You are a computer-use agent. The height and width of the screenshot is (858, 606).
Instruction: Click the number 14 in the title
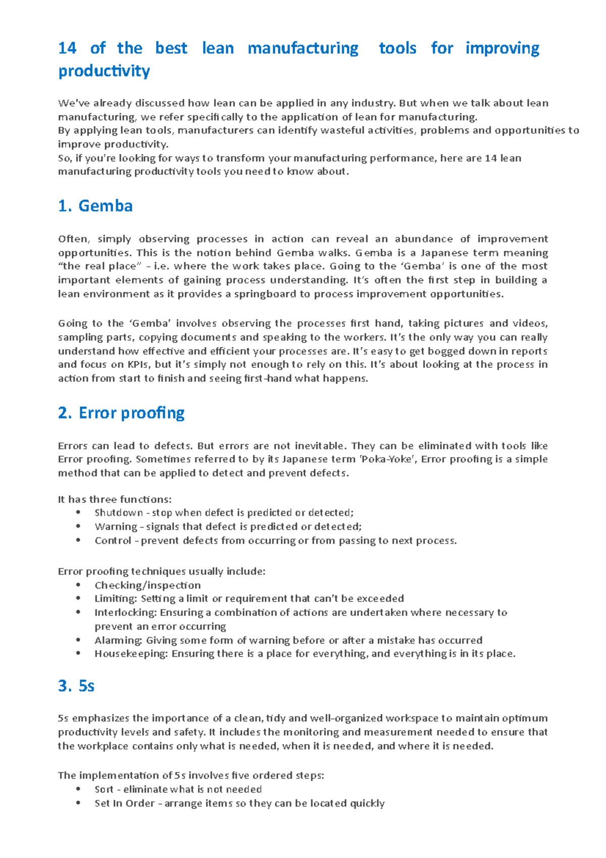[x=67, y=48]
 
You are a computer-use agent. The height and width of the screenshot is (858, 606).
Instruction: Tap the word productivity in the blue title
[x=104, y=71]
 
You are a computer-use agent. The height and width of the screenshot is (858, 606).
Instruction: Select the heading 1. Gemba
[x=95, y=206]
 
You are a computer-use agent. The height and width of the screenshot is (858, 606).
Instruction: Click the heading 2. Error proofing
[x=121, y=413]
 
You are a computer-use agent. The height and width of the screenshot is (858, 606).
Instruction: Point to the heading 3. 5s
[x=76, y=686]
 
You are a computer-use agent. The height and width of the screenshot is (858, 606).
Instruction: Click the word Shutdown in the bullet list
[x=119, y=512]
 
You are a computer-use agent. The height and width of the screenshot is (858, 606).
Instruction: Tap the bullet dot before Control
[x=78, y=540]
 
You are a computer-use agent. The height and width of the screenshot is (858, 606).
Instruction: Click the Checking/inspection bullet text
[x=147, y=585]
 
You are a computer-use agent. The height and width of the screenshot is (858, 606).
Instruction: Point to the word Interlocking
[x=125, y=612]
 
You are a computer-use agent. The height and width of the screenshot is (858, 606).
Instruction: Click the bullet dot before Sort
[x=78, y=789]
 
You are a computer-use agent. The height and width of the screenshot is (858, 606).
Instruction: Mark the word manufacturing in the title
[x=303, y=48]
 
